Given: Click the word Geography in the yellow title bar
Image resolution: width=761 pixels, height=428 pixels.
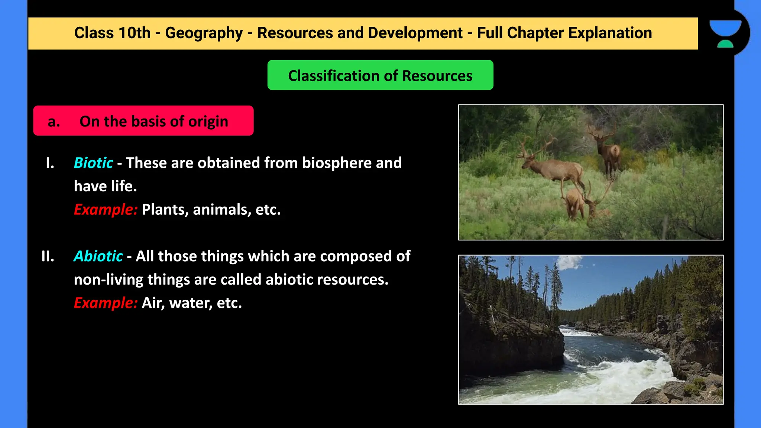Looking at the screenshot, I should (x=204, y=33).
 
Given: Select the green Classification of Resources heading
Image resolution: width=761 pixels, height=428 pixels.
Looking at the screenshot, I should (x=380, y=75).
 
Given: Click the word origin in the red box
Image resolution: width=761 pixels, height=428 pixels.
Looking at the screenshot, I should (x=208, y=121).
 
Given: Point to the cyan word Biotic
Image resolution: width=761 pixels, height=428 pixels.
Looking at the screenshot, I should (x=93, y=163).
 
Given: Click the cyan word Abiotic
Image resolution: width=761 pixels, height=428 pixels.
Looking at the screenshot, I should (x=98, y=256).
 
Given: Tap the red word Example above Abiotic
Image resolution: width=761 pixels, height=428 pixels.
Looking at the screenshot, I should (x=106, y=210).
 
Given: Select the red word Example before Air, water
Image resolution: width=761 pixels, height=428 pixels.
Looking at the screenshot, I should (x=106, y=303).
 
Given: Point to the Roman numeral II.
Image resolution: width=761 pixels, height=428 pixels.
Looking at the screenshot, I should (x=48, y=256).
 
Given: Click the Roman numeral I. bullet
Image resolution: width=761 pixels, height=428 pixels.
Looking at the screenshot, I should (x=50, y=163).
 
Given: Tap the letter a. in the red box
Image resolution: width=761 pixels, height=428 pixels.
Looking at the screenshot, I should (x=54, y=121).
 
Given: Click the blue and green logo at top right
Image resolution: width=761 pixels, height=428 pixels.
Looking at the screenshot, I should (x=725, y=33).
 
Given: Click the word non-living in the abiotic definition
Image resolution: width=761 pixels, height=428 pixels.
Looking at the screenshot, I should (x=108, y=280).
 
